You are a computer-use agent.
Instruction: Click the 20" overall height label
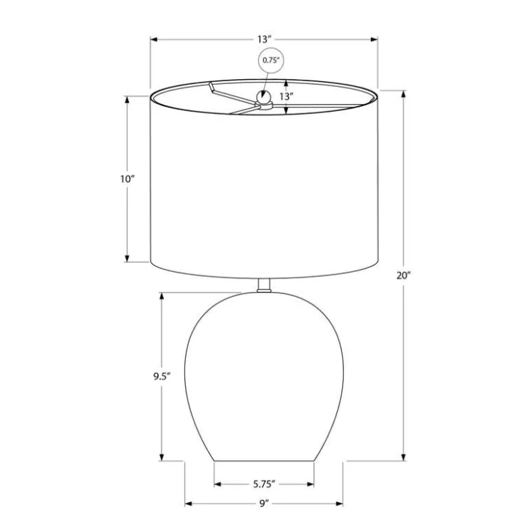click(x=404, y=276)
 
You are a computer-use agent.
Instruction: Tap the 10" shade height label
click(x=127, y=179)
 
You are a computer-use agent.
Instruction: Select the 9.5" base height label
click(x=162, y=377)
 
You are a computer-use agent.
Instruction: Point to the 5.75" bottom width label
click(x=264, y=484)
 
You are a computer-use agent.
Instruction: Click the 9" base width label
click(x=264, y=503)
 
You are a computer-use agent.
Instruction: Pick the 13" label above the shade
click(x=264, y=39)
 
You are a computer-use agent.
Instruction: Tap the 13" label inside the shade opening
click(x=287, y=96)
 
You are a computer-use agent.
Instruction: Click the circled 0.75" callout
click(x=271, y=60)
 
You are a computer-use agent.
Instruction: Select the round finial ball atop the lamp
click(x=263, y=98)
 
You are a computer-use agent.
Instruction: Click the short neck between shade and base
click(x=264, y=286)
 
